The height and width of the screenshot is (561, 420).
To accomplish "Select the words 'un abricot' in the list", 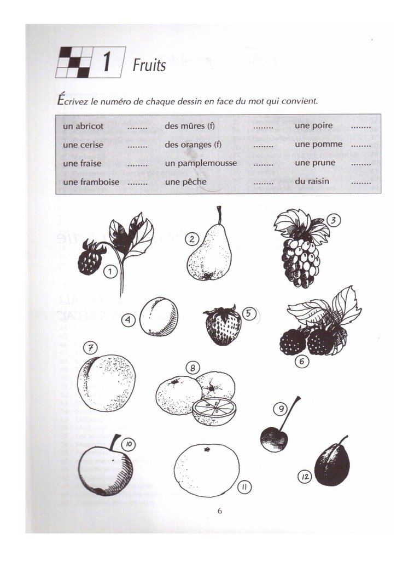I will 83,126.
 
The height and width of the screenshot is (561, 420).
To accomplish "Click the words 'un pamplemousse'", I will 201,163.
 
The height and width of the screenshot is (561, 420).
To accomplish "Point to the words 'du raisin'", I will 312,181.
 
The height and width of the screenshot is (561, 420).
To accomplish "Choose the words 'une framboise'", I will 91,182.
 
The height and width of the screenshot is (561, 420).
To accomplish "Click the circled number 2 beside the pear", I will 191,238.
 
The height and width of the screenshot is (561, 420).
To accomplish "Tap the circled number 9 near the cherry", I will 280,408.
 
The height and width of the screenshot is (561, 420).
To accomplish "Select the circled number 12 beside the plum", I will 305,477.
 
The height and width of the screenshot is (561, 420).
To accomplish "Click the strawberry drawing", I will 223,327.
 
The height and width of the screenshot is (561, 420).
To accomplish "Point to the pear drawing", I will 210,253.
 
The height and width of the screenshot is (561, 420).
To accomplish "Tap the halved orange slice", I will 214,411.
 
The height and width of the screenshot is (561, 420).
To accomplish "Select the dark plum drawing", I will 332,465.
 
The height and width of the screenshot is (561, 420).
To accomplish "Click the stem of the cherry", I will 290,411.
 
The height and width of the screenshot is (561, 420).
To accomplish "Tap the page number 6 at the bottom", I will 220,512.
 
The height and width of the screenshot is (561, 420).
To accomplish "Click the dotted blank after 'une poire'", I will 361,126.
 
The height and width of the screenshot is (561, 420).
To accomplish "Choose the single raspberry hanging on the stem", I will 90,260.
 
